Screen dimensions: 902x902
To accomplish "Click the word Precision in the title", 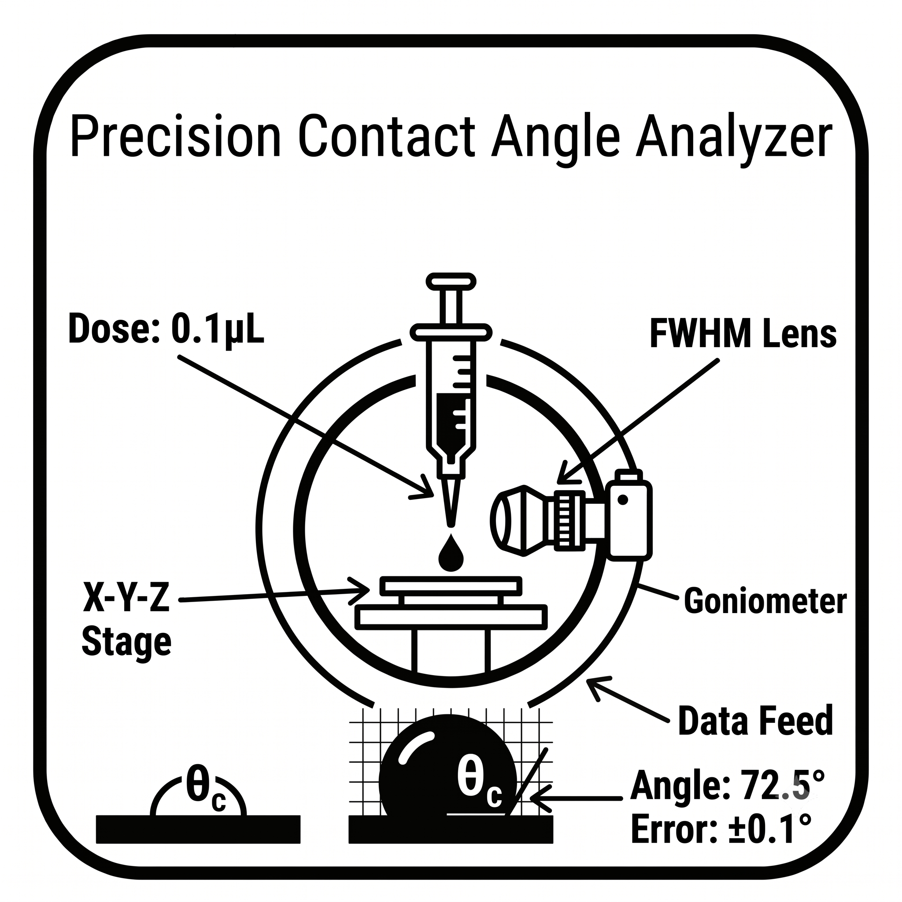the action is pos(176,137).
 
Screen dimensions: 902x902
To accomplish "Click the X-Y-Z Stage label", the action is pos(126,621).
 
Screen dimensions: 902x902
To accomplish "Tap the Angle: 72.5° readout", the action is pos(727,785).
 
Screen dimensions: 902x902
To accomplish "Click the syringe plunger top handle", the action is pos(451,281).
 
